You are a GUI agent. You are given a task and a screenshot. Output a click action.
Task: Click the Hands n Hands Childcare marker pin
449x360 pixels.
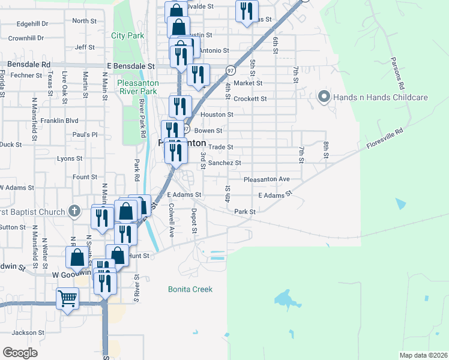click(x=324, y=97)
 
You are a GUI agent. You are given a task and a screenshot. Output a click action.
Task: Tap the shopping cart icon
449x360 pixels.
click(x=67, y=298)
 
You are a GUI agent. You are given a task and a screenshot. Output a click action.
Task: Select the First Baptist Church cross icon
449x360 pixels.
click(x=74, y=211)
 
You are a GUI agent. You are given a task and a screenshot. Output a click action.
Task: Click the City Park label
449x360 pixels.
click(x=128, y=35)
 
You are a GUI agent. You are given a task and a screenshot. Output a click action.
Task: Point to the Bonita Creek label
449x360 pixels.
click(x=190, y=289)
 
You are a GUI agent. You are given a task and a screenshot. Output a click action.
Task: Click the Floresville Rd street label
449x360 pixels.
click(x=382, y=137)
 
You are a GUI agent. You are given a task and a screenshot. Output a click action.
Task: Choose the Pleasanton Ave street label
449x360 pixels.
click(x=267, y=179)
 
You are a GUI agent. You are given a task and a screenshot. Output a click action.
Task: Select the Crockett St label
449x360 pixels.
click(x=250, y=98)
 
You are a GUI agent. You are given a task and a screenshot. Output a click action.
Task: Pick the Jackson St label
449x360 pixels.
click(x=28, y=332)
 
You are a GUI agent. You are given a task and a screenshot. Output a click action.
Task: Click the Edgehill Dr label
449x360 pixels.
click(x=32, y=23)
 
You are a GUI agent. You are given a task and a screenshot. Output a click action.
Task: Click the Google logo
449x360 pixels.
click(x=20, y=352)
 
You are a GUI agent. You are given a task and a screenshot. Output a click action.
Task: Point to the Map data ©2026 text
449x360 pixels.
click(x=423, y=355)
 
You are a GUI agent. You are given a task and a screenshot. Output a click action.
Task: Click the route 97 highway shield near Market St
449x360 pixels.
click(x=231, y=71)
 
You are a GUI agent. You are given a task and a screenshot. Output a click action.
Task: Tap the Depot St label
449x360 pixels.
click(x=194, y=221)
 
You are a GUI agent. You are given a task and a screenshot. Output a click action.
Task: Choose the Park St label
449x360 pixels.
click(x=245, y=212)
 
